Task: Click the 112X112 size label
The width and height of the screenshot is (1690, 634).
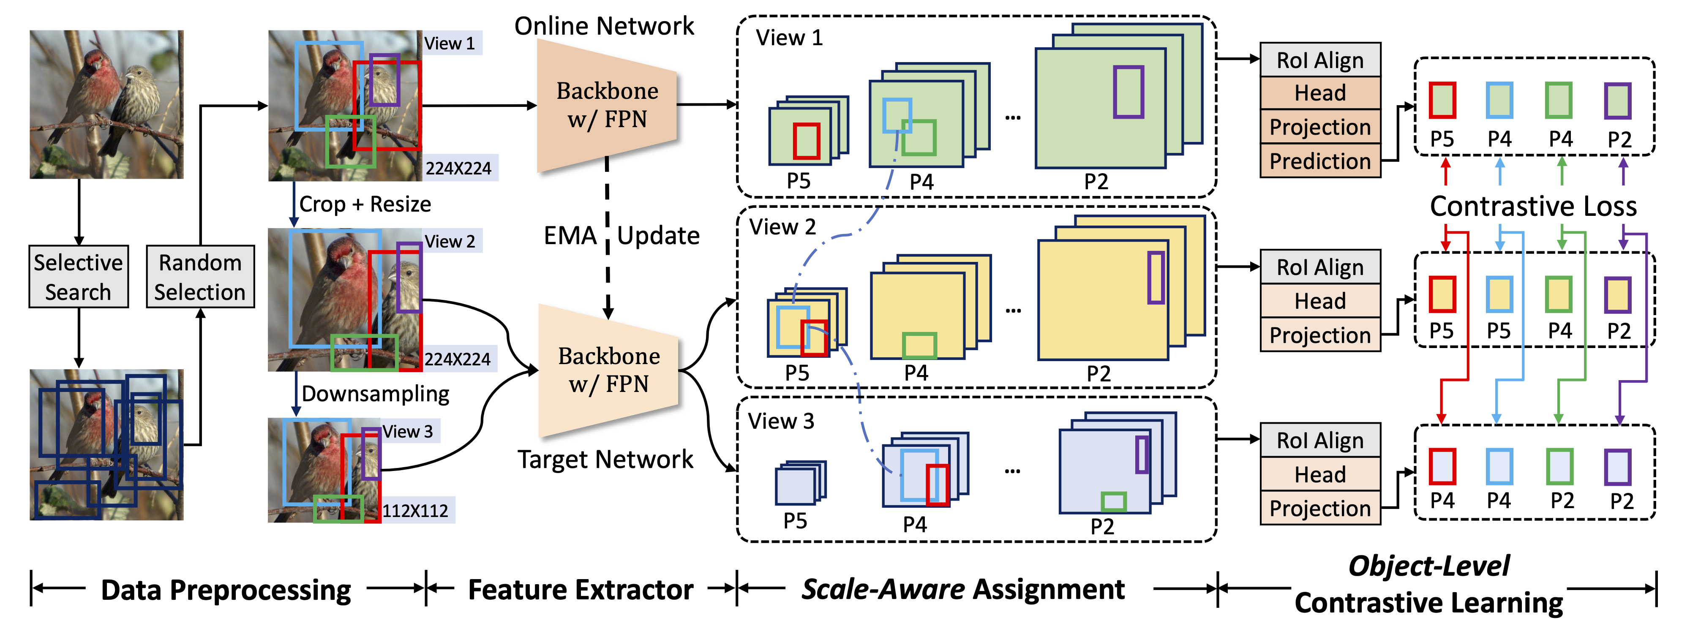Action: click(x=415, y=510)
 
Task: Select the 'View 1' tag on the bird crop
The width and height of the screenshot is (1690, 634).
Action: click(x=450, y=43)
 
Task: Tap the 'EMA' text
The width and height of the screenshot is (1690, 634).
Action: click(x=570, y=235)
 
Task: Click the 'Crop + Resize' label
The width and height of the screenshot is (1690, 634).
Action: click(x=365, y=204)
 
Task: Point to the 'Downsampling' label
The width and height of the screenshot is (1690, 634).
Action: click(x=375, y=393)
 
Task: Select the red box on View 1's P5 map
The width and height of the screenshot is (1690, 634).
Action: click(x=806, y=141)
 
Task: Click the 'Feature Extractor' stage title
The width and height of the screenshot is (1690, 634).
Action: click(x=581, y=589)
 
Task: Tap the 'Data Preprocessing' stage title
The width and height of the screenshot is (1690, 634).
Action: click(x=226, y=589)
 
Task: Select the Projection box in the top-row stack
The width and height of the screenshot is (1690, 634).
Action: click(x=1320, y=127)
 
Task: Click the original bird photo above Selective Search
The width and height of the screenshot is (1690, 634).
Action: click(x=106, y=104)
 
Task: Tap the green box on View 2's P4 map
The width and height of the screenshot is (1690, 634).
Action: click(x=919, y=346)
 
